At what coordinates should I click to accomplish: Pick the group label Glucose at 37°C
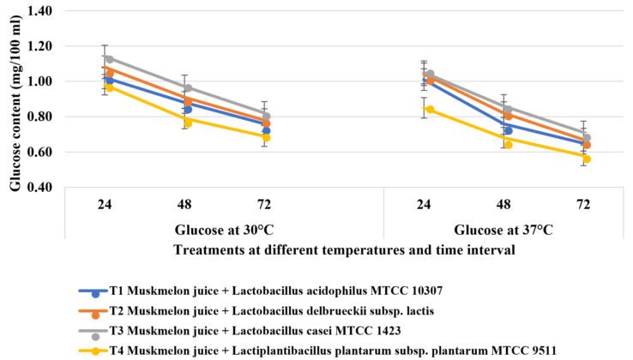click(x=503, y=229)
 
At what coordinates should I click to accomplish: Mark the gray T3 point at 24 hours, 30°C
click(x=109, y=59)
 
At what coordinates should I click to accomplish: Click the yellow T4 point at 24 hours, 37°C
click(x=430, y=110)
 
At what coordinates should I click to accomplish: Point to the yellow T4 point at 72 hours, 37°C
click(x=587, y=159)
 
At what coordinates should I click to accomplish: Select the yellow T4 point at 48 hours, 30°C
click(x=188, y=123)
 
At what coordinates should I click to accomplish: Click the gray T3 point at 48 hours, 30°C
click(x=188, y=87)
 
